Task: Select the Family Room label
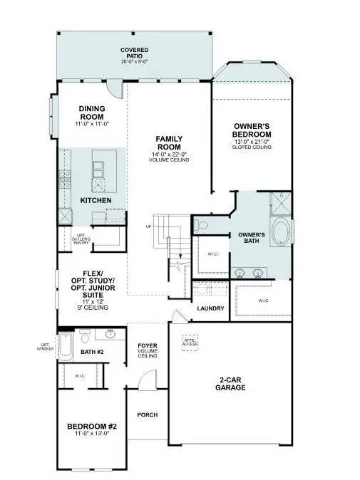[170, 142]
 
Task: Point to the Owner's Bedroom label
[252, 130]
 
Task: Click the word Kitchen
[96, 202]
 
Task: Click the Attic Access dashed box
[190, 341]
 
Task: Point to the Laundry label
[211, 308]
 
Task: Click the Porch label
[147, 414]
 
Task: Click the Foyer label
[147, 350]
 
